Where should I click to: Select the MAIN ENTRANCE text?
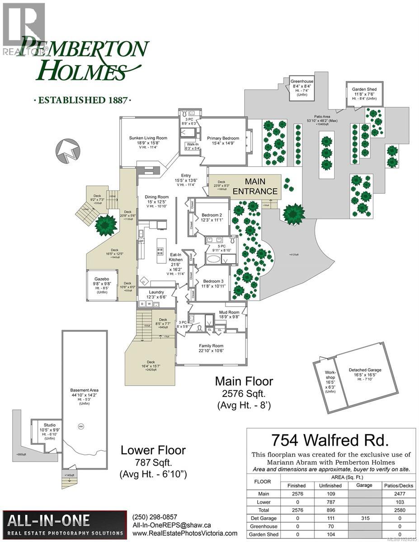[255, 186]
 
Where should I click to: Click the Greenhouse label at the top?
[301, 82]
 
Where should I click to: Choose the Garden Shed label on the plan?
[364, 89]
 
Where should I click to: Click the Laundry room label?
[156, 292]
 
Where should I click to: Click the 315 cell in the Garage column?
[364, 518]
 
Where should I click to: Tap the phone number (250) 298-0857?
[155, 517]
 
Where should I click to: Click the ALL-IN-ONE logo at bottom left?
[63, 524]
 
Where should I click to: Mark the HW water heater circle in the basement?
[81, 427]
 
